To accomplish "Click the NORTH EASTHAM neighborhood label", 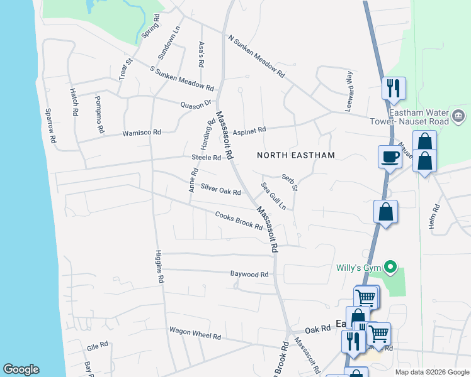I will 295,155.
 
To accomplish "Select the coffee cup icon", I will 390,156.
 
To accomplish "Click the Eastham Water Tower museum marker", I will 458,116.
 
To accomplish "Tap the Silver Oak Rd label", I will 220,189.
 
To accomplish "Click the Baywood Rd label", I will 249,275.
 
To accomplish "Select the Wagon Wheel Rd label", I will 195,333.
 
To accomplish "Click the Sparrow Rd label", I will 50,125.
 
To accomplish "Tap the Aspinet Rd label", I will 249,130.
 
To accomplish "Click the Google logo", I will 21,369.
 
